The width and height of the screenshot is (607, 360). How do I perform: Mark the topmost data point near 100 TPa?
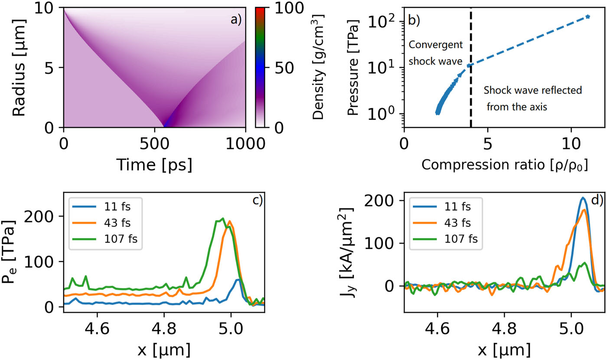pos(587,16)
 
